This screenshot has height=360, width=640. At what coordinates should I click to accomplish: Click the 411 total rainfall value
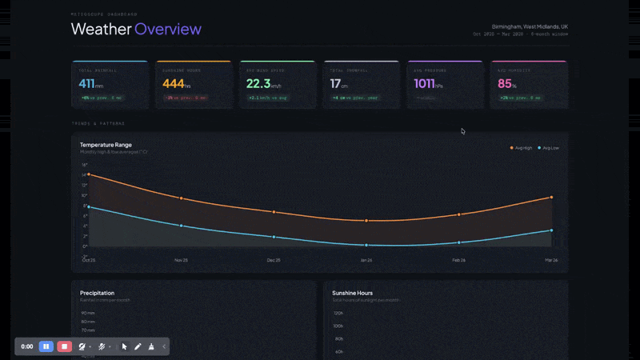87,83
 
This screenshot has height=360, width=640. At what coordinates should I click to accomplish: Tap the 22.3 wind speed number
258,83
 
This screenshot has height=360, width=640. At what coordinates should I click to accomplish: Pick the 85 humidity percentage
505,83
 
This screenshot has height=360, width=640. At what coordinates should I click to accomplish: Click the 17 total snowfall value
336,83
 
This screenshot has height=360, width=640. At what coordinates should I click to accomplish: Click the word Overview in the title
168,30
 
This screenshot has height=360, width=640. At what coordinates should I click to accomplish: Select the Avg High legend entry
522,148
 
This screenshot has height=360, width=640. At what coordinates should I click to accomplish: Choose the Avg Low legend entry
549,148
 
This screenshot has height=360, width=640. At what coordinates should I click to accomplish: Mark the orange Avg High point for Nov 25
182,198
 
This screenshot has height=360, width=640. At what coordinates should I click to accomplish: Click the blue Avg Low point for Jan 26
366,245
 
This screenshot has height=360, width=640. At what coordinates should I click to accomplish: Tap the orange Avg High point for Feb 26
459,214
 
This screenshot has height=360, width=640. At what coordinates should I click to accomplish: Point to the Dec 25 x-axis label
274,260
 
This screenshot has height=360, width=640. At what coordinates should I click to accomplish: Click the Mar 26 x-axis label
551,260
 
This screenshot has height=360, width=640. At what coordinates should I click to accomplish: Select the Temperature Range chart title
106,145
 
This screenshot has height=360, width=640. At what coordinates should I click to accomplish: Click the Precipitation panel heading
97,293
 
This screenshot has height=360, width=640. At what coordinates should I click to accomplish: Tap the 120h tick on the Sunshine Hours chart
338,313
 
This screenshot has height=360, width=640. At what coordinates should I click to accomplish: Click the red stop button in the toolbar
64,346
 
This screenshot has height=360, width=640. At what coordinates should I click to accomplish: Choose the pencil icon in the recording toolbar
138,346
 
